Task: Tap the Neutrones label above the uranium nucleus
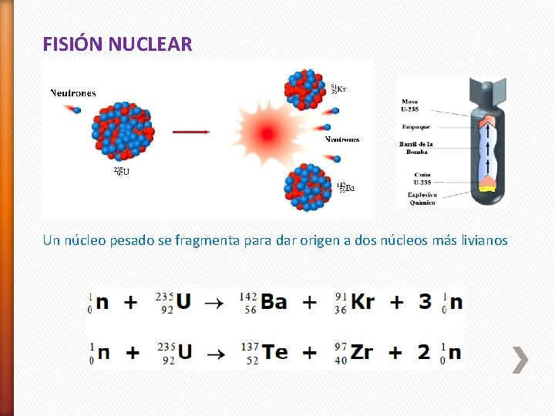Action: pos(73,93)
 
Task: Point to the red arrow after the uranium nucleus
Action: pos(190,132)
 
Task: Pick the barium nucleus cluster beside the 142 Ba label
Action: pos(308,187)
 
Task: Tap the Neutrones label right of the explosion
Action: pos(341,139)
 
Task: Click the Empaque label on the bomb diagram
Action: pos(415,126)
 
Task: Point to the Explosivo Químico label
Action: pos(422,199)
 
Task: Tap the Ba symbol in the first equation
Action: pos(274,301)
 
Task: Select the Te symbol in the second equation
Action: pos(275,352)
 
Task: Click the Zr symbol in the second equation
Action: pos(362,352)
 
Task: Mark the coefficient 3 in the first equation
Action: pos(425,301)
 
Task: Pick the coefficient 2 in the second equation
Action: pos(423,352)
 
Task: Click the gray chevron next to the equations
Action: pos(521,360)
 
